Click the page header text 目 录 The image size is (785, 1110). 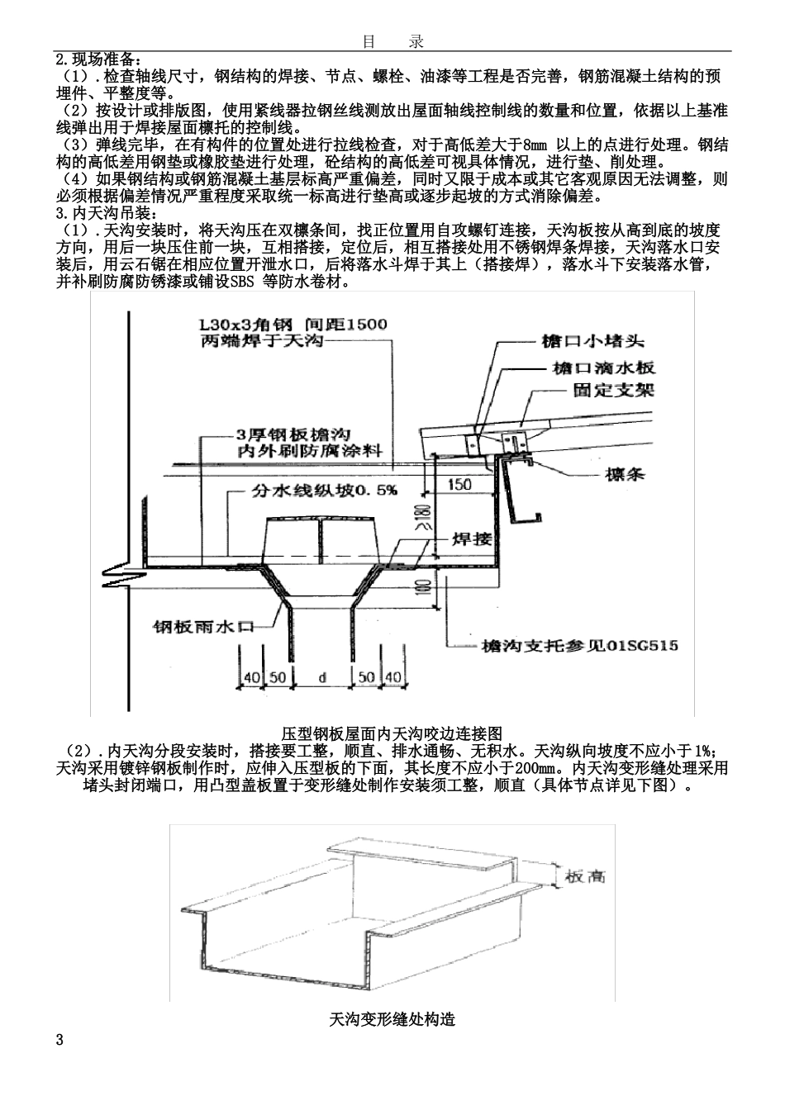pos(392,41)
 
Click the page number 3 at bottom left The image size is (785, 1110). pos(59,1039)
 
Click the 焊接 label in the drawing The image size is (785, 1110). pos(472,539)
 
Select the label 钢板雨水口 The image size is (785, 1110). pos(202,626)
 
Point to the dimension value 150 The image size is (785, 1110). pos(460,485)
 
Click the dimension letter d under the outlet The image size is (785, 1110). pos(321,677)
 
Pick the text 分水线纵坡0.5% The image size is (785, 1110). pos(324,490)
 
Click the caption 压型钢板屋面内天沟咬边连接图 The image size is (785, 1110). pos(392,733)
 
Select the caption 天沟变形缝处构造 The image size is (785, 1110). pos(392,1019)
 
